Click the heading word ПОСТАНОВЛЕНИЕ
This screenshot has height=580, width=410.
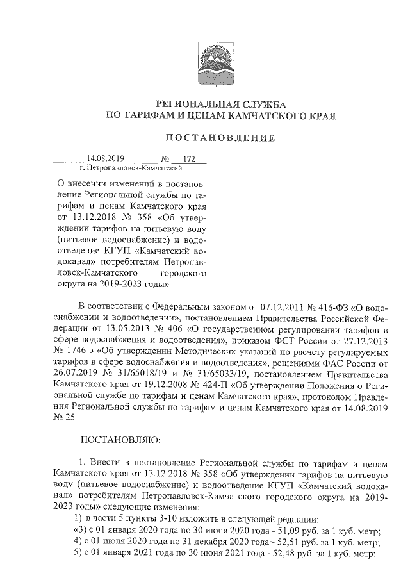[220, 137]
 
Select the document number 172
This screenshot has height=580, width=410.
[188, 158]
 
